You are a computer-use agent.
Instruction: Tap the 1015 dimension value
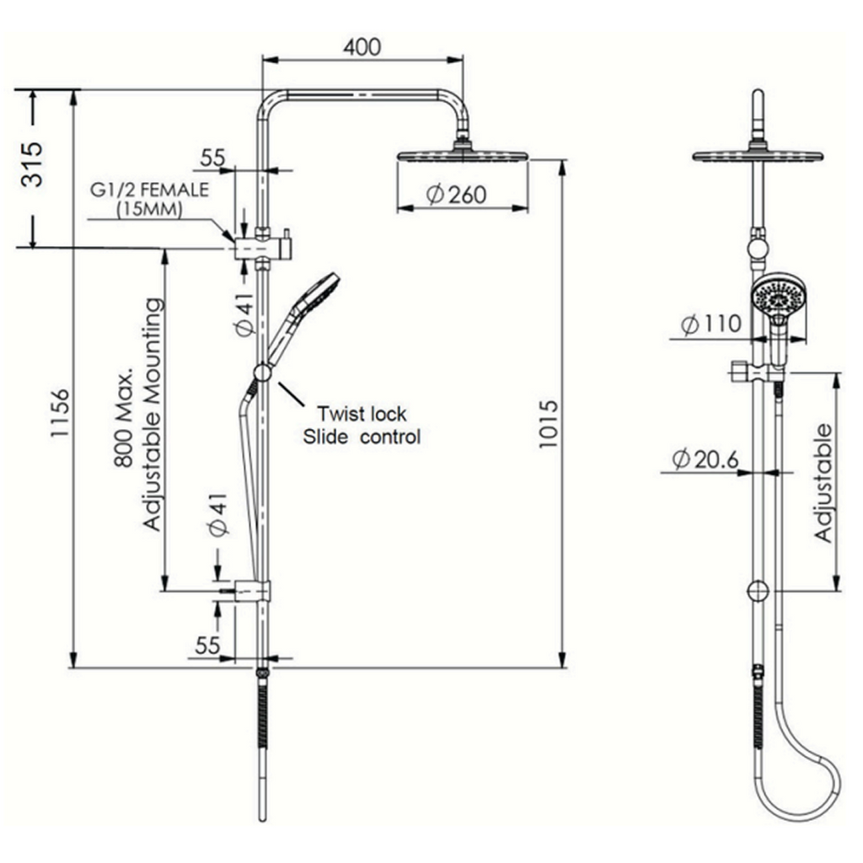coord(549,425)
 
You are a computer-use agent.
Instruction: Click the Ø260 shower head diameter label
coord(457,195)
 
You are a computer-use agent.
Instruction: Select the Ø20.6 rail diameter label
coord(705,459)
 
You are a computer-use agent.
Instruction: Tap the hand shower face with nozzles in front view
coord(780,297)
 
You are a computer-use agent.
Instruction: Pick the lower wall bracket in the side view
coord(252,591)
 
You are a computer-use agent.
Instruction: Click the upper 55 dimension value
coord(212,158)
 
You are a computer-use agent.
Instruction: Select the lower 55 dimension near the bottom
coord(207,646)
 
